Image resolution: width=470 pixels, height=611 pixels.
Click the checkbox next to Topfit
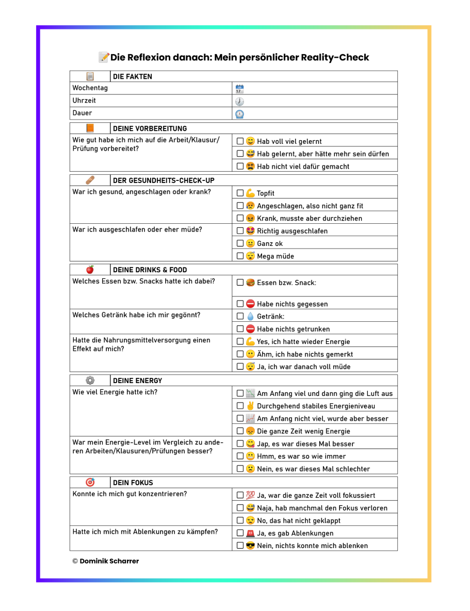pyautogui.click(x=240, y=193)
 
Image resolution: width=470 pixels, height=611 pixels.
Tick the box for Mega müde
pyautogui.click(x=240, y=256)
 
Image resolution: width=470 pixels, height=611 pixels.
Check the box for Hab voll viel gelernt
pyautogui.click(x=240, y=141)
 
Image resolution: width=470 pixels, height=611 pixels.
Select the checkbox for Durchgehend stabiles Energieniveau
pyautogui.click(x=240, y=406)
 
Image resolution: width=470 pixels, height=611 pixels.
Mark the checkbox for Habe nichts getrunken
pyautogui.click(x=240, y=329)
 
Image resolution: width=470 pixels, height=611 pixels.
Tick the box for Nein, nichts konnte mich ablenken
pyautogui.click(x=240, y=546)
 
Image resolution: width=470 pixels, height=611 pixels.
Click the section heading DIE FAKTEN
pyautogui.click(x=133, y=77)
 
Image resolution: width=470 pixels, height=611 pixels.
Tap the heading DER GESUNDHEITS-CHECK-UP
pyautogui.click(x=164, y=181)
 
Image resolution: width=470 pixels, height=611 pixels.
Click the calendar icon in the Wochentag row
pyautogui.click(x=239, y=89)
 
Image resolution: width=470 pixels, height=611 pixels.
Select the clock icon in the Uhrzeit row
pyautogui.click(x=239, y=101)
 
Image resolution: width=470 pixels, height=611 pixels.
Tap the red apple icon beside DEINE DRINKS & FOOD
pyautogui.click(x=90, y=270)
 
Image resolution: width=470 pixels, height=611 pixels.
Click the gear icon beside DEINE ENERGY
pyautogui.click(x=90, y=381)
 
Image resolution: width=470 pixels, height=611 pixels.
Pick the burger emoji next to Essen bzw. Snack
pyautogui.click(x=250, y=283)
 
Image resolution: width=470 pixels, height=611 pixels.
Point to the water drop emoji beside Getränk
pyautogui.click(x=250, y=317)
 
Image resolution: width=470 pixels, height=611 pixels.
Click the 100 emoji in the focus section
pyautogui.click(x=250, y=496)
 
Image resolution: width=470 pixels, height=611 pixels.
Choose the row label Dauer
pyautogui.click(x=83, y=113)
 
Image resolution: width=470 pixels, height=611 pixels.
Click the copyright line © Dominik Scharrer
pyautogui.click(x=105, y=561)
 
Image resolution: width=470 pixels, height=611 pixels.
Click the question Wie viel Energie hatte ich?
pyautogui.click(x=115, y=392)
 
